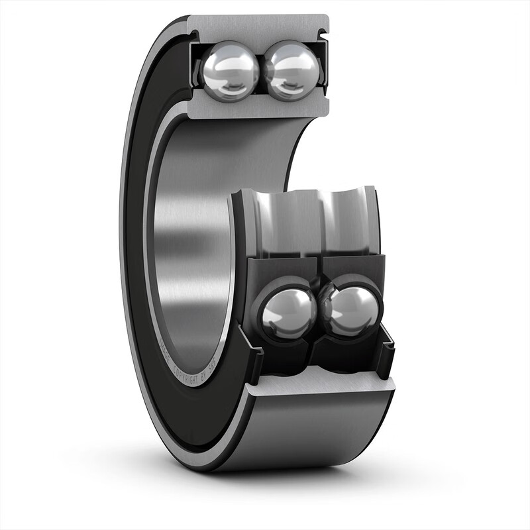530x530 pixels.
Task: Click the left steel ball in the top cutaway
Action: (230, 70)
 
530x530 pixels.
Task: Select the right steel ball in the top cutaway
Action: (292, 70)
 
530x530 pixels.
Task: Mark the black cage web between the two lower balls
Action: (321, 311)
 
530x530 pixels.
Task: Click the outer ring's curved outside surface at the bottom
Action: (311, 431)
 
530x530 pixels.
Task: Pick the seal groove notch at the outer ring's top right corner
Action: (324, 30)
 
